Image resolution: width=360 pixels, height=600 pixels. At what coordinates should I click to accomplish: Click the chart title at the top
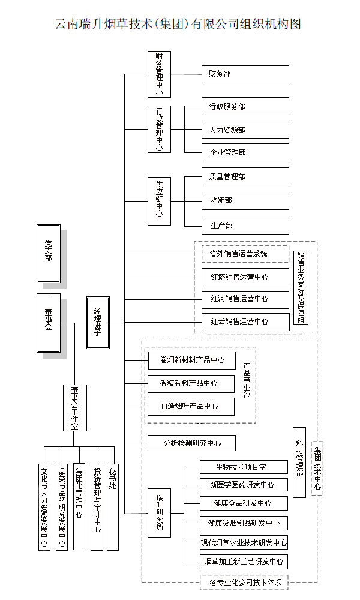pos(178,25)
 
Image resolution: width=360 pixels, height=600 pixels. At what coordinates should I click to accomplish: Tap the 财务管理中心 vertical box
pos(159,74)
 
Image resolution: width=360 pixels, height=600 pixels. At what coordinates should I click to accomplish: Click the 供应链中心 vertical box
pos(159,201)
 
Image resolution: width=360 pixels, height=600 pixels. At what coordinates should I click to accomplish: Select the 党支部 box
pos(48,253)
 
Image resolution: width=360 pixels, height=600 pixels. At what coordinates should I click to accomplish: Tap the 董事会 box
pos(48,323)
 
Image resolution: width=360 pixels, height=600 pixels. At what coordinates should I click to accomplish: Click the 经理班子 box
pos(98,323)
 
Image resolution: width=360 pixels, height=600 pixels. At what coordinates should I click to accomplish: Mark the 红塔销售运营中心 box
pos(245,277)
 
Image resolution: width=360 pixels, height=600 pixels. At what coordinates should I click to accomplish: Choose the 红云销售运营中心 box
pos(245,322)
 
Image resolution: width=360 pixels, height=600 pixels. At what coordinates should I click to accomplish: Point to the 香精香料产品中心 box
pos(191,383)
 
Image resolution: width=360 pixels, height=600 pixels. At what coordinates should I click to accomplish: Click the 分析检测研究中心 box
pos(191,443)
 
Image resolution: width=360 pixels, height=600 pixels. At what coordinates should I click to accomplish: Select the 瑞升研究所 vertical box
pos(159,513)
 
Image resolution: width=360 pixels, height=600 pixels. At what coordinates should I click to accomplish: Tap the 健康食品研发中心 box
pos(244,503)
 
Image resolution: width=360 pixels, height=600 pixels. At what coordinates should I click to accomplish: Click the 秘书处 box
pos(112,507)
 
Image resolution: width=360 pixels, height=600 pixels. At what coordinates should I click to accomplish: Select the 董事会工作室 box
pos(74,408)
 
